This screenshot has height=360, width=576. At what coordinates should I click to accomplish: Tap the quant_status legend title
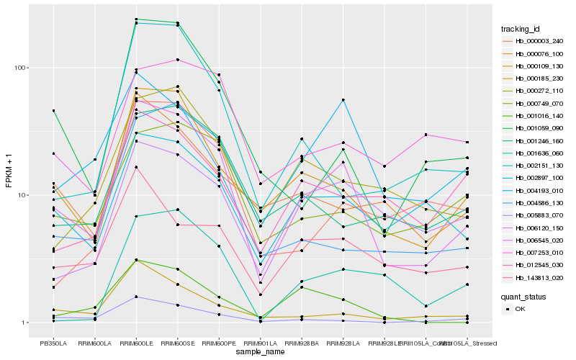coord(523,297)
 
